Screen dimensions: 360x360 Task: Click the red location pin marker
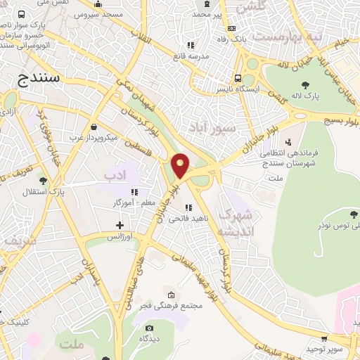click(181, 165)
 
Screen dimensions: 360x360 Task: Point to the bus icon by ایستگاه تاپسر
click(238, 79)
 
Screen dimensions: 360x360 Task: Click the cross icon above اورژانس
click(120, 226)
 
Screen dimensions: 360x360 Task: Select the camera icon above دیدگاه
click(148, 328)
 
